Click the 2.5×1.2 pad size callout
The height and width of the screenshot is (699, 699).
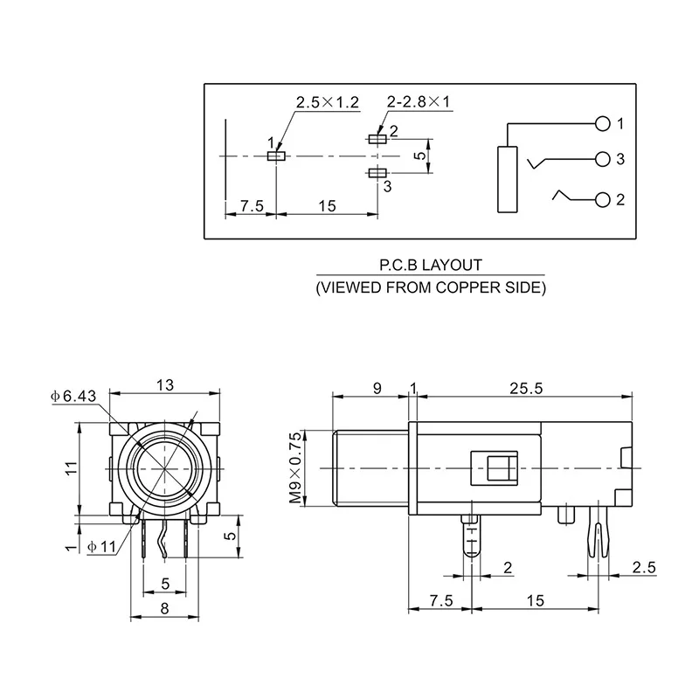(327, 103)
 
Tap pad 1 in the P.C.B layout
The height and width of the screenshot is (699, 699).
(277, 156)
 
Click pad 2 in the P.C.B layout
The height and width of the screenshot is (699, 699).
(377, 138)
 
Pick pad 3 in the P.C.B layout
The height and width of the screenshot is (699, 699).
(377, 174)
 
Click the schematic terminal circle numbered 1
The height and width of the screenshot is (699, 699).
(601, 123)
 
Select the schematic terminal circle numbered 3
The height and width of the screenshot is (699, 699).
(601, 159)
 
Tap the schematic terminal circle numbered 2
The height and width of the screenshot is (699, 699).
(601, 200)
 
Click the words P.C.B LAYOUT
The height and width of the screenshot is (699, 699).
(430, 263)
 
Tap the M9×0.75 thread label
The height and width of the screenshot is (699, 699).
(294, 467)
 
